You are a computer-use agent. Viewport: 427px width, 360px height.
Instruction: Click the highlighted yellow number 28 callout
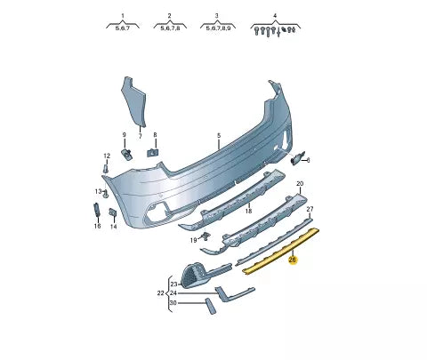(x=293, y=260)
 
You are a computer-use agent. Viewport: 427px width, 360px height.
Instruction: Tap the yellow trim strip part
(x=280, y=251)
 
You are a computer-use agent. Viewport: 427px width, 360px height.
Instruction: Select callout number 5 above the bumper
(x=219, y=136)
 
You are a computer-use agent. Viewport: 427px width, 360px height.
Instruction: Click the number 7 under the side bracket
(x=141, y=136)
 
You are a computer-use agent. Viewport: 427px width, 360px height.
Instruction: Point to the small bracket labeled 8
(x=152, y=152)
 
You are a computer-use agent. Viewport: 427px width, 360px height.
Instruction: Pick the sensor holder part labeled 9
(x=126, y=154)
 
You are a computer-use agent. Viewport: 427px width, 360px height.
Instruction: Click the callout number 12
(x=107, y=156)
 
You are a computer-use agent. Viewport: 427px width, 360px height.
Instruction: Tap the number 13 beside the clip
(x=98, y=191)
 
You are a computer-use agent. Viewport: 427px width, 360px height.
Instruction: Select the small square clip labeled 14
(x=113, y=213)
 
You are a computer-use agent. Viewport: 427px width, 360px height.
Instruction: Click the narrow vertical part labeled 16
(x=97, y=211)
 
